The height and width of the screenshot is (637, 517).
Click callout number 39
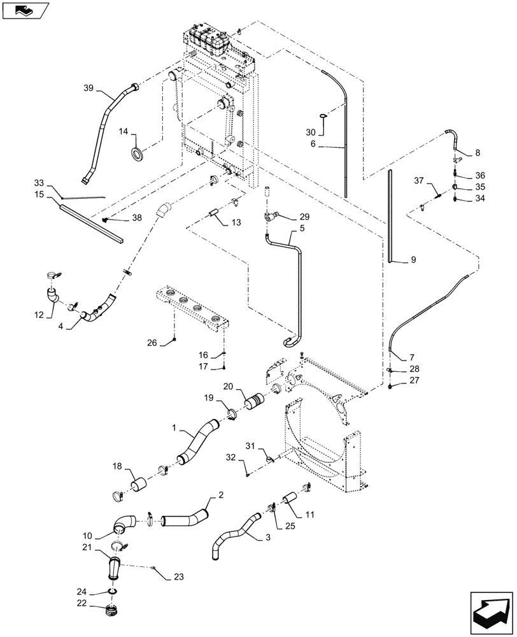click(89, 89)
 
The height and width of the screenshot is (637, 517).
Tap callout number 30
click(309, 132)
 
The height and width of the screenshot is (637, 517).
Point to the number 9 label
click(413, 259)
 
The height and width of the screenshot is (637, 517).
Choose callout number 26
click(152, 343)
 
